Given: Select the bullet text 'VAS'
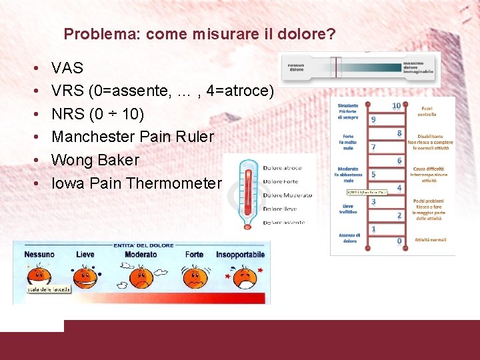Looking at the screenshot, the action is point(67,68).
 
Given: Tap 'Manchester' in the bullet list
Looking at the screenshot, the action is point(91,137).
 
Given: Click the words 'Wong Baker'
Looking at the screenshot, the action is point(95,160).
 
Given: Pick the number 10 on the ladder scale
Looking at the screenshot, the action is point(396,106).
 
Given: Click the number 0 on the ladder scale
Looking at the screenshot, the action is point(399,241).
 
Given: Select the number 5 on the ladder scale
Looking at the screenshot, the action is point(374,175).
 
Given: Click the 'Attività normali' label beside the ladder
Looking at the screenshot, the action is point(430,239).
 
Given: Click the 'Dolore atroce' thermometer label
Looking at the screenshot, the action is point(283,168).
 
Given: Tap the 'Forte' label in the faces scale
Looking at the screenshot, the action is point(194,255).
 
